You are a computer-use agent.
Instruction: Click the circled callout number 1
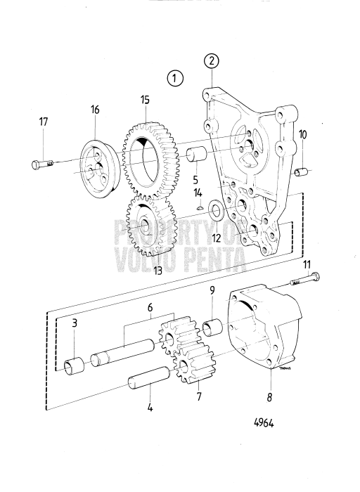[x=176, y=77]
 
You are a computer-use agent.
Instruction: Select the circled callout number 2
[x=212, y=61]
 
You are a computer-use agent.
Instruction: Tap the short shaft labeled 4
[x=148, y=382]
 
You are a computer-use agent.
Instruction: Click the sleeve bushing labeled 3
[x=73, y=365]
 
